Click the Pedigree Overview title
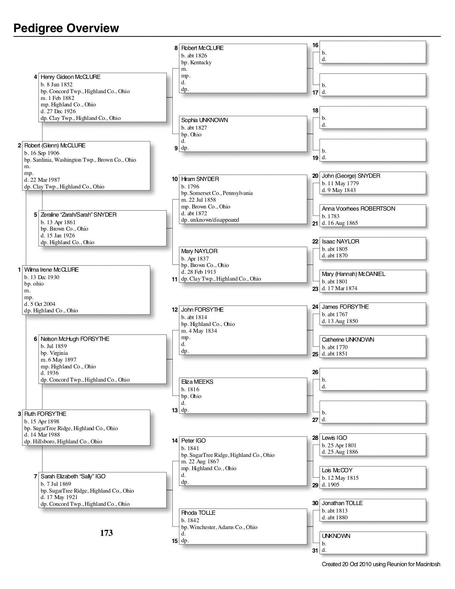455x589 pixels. pos(66,28)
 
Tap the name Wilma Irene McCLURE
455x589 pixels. pos(51,270)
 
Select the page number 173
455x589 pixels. pos(106,533)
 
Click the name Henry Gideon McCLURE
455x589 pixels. pos(70,77)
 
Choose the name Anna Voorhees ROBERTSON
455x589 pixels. pos(358,209)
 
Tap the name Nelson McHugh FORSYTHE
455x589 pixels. pos(75,339)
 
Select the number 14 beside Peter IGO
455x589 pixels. pos(175,441)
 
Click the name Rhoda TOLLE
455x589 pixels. pos(198,513)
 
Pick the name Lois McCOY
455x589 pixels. pos(337,470)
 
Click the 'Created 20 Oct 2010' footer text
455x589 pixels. pos(381,564)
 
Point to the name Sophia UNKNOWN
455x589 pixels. pos(204,120)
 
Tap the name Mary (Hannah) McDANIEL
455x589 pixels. pos(353,274)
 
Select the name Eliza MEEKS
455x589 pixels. pos(197,382)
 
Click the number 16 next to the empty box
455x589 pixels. pos(315,45)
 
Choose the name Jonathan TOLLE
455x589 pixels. pos(342,503)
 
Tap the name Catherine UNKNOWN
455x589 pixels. pos(348,340)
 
